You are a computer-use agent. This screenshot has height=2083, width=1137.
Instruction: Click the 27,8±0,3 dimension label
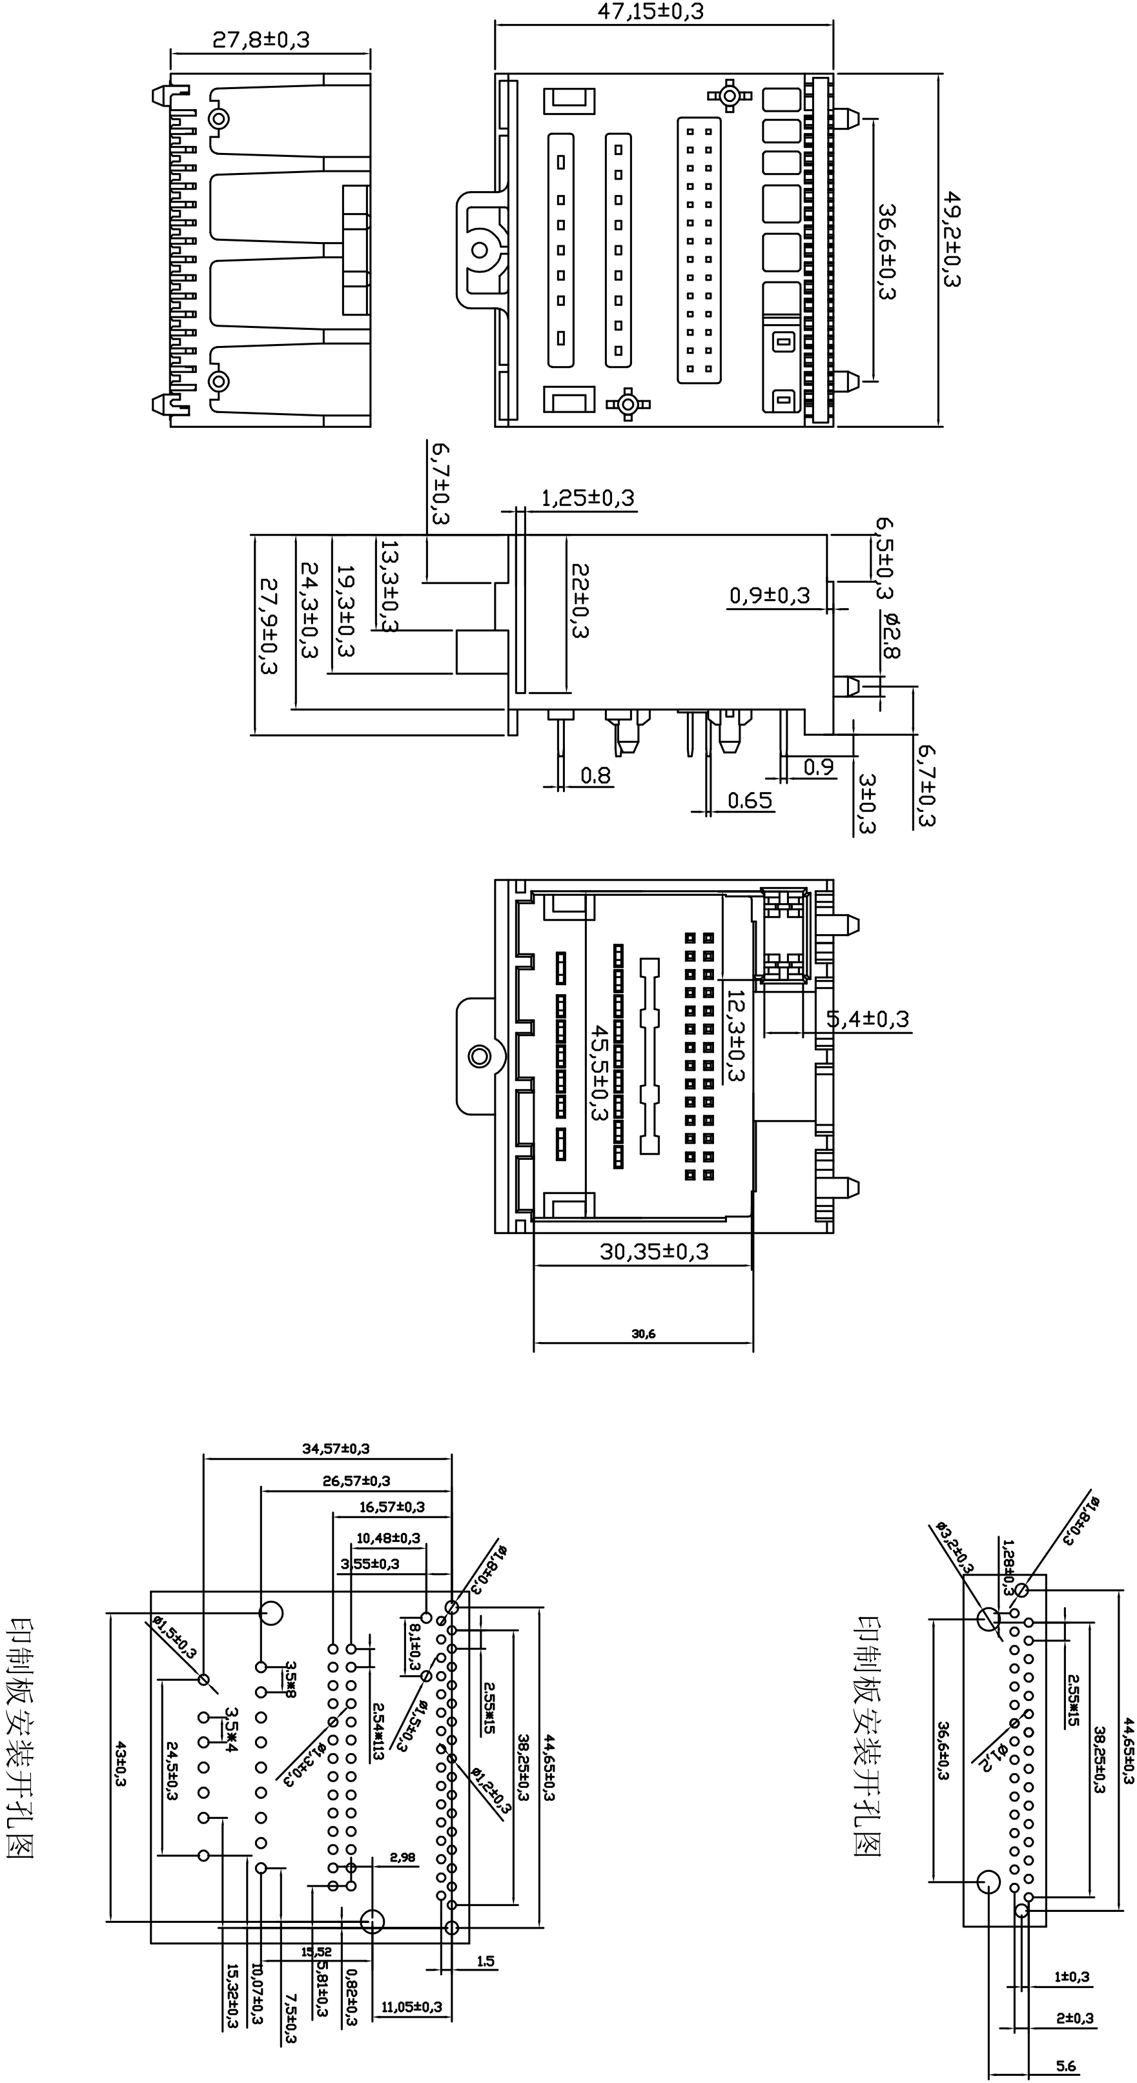(x=261, y=39)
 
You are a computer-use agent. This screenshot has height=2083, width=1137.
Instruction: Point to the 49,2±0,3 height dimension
(x=954, y=239)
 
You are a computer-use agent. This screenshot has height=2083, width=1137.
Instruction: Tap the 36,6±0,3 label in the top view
(x=887, y=252)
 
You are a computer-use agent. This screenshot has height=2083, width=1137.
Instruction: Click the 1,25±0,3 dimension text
(x=588, y=498)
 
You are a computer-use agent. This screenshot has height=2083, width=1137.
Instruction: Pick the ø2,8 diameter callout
(x=890, y=635)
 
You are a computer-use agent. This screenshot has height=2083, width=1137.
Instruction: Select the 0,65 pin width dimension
(x=750, y=800)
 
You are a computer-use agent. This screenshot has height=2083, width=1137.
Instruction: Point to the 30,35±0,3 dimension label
(x=653, y=1251)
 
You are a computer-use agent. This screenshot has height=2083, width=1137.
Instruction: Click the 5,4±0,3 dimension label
(x=868, y=1019)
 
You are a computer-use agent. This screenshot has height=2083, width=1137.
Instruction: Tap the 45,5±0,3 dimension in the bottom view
(x=599, y=1072)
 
